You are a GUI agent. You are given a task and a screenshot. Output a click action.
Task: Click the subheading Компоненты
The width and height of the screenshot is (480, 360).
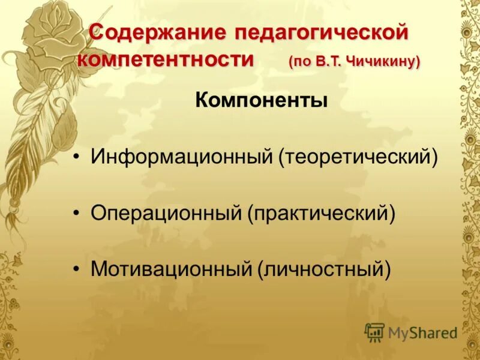tap(261, 100)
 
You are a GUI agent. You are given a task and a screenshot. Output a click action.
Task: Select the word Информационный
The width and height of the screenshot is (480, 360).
tap(181, 158)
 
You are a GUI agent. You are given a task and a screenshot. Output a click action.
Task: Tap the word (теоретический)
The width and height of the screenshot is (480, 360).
tap(357, 158)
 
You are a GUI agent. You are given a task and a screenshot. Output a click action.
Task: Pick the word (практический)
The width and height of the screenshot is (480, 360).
tap(322, 214)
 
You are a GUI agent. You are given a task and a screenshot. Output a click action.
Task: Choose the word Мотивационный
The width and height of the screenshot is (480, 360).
tap(171, 269)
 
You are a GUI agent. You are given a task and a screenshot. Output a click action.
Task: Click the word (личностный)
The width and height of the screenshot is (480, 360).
tap(324, 269)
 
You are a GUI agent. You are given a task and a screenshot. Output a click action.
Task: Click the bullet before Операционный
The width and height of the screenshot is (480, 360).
tap(76, 214)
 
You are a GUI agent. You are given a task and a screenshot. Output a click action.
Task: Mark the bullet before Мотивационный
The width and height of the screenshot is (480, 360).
tap(76, 269)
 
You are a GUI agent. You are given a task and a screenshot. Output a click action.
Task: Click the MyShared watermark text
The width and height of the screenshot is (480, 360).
tap(422, 332)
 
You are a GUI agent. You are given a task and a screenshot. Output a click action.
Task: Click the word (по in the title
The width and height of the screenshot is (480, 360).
tap(299, 62)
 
